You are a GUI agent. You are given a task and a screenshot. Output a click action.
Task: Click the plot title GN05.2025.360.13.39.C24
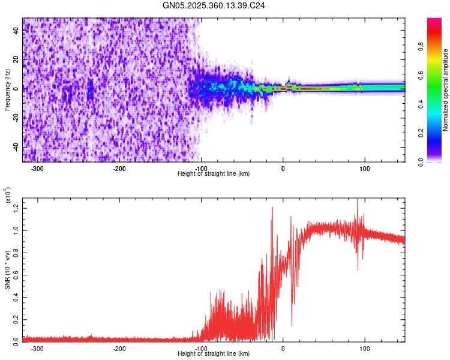(x=214, y=5)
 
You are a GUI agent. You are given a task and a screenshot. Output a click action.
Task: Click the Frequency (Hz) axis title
(x=7, y=90)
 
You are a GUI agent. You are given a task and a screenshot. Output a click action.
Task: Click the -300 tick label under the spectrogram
(x=37, y=169)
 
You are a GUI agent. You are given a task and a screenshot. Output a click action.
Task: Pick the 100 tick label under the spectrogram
(x=364, y=169)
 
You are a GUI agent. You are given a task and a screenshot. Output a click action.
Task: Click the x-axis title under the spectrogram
(x=214, y=174)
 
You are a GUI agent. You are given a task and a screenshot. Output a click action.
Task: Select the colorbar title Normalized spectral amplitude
(x=445, y=90)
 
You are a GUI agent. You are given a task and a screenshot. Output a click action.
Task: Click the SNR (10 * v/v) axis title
(x=7, y=268)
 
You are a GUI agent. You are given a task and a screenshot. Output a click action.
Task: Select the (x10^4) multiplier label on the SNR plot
(x=8, y=196)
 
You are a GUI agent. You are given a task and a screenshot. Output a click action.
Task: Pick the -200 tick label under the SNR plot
(x=119, y=348)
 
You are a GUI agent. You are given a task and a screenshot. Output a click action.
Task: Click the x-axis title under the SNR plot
(x=214, y=353)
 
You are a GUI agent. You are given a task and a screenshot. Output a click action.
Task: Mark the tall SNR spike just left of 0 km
(x=272, y=208)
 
